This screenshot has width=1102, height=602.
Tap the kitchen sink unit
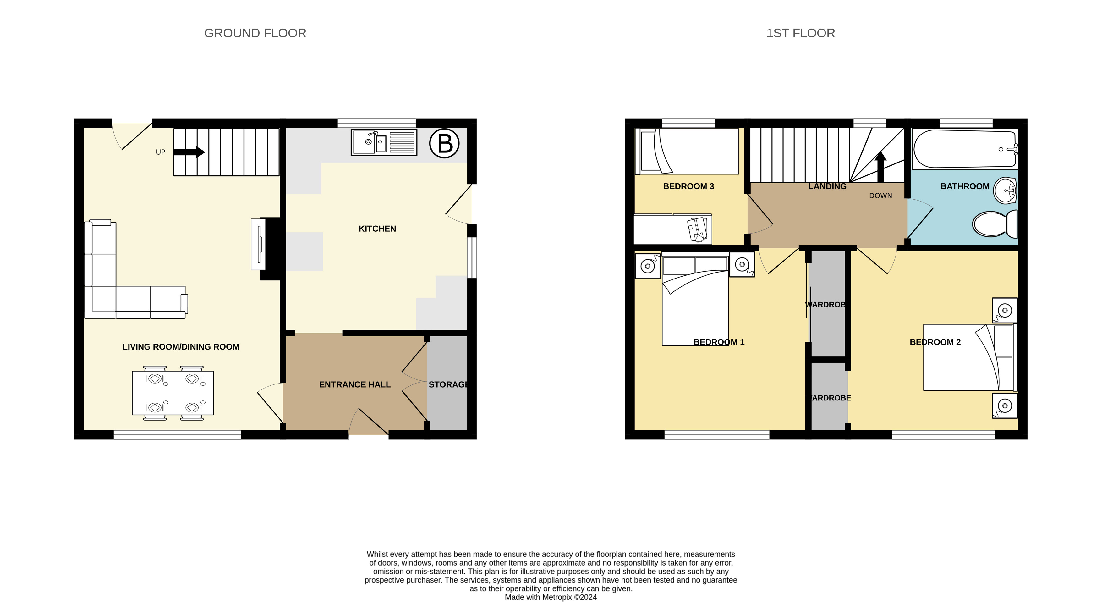(384, 142)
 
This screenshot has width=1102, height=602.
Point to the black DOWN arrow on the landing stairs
(880, 167)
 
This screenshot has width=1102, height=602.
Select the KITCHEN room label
(377, 229)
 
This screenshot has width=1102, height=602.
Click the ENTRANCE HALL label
(355, 385)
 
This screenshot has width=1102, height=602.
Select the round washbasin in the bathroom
(1005, 191)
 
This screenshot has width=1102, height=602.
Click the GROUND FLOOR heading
(255, 33)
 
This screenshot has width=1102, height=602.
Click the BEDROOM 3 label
(688, 186)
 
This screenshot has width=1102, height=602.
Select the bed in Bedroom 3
(688, 152)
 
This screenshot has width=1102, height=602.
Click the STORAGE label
(448, 385)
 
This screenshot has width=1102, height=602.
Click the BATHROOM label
(965, 186)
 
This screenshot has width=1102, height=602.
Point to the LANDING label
(827, 186)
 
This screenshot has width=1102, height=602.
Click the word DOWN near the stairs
(880, 196)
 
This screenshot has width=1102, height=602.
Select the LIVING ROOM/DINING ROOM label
(181, 347)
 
